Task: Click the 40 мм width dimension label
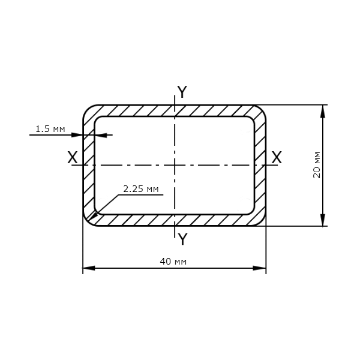(173, 262)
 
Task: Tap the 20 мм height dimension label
(317, 165)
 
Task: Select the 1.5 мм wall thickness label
(50, 129)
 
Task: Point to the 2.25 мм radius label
(141, 189)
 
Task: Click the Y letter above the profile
(182, 92)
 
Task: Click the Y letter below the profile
(182, 239)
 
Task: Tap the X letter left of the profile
(73, 157)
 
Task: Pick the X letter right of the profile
(277, 157)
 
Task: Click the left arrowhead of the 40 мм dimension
(89, 268)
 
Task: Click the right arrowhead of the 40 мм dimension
(260, 268)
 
